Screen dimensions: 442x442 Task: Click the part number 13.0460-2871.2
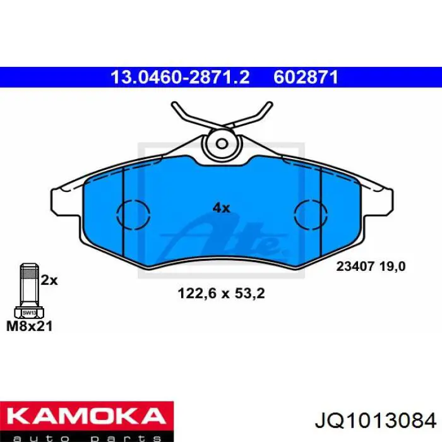click(180, 78)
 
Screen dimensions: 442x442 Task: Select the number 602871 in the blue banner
click(306, 78)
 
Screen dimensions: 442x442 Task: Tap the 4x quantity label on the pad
click(221, 208)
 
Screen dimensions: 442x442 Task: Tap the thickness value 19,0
click(391, 266)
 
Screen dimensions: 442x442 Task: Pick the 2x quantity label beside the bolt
click(49, 280)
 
